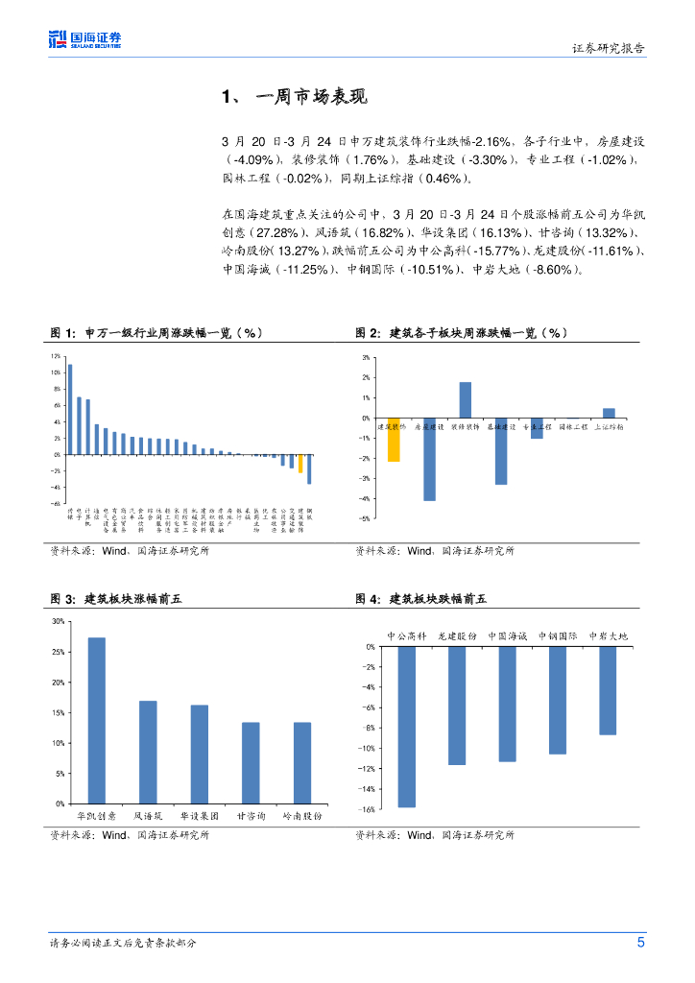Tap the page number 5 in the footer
[641, 943]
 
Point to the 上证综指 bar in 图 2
[609, 413]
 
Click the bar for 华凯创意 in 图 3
[96, 720]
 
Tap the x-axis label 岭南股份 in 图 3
[301, 815]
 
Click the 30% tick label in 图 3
[59, 621]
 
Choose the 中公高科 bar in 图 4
[406, 727]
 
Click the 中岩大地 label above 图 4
[608, 635]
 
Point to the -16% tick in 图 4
[366, 809]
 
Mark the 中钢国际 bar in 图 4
[558, 700]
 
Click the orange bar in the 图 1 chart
[300, 463]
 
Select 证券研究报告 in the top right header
[609, 49]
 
